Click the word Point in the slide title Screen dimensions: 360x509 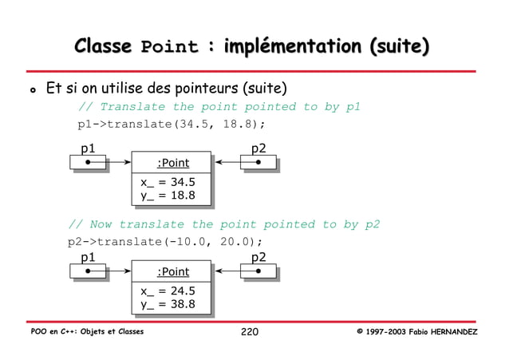click(168, 47)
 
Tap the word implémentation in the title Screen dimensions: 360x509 click(282, 46)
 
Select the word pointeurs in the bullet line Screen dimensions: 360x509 click(207, 87)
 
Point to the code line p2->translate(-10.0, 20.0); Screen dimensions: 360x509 click(164, 243)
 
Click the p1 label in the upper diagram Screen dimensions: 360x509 click(88, 148)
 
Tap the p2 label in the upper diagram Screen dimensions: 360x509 click(258, 148)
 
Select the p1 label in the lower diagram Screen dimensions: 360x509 click(88, 257)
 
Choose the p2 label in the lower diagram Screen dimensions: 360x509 click(258, 257)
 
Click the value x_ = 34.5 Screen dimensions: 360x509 click(168, 182)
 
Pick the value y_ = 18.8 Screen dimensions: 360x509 click(168, 196)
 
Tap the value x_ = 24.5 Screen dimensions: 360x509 click(168, 291)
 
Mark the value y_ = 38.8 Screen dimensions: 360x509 click(168, 305)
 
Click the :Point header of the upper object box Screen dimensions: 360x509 click(172, 163)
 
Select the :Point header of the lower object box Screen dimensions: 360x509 click(172, 272)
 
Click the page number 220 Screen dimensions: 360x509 click(250, 332)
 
